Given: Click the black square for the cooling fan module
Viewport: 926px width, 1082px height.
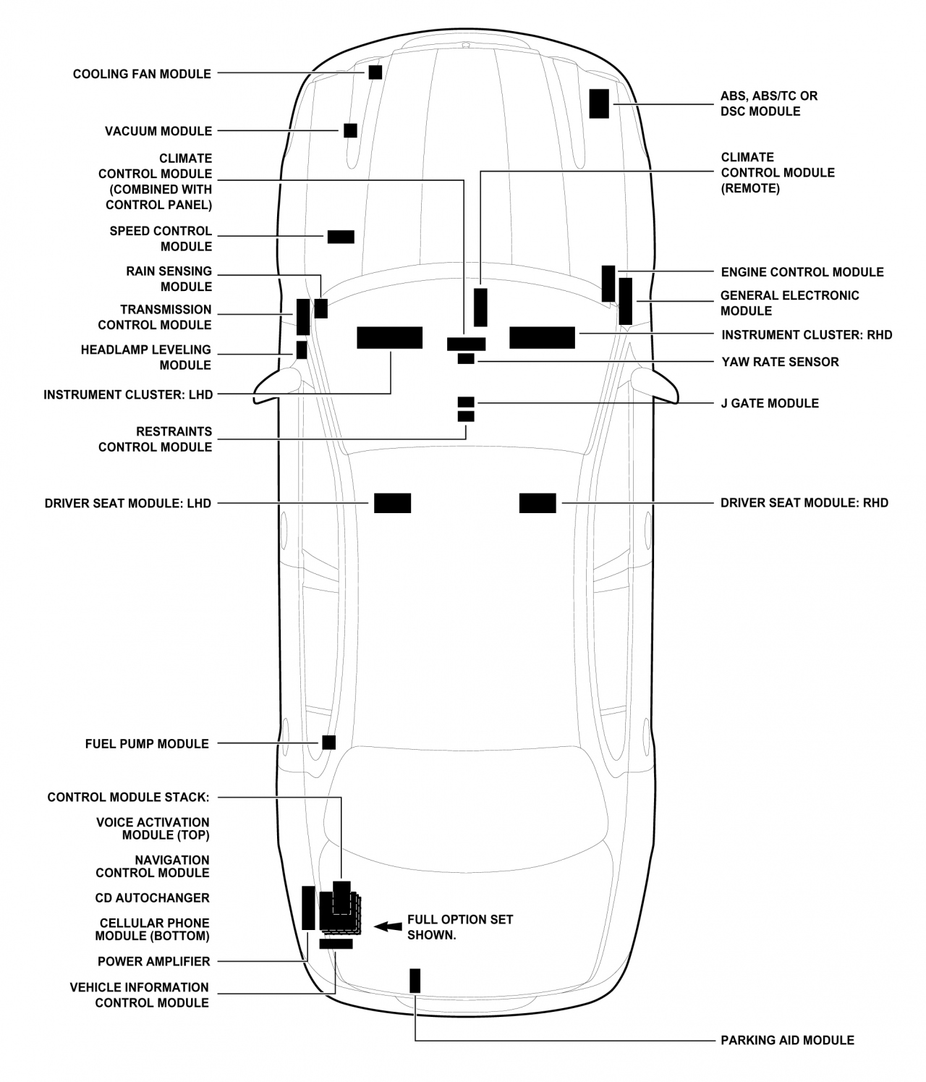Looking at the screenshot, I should point(375,72).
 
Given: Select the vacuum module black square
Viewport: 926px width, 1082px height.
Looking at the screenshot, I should point(350,131).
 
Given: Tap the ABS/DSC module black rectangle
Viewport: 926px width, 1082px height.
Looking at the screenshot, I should point(599,103).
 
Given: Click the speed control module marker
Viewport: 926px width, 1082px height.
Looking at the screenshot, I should point(341,237).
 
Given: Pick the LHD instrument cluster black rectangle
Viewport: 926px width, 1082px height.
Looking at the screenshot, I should point(389,338).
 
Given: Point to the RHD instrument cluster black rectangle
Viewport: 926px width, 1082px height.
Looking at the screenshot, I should point(542,338).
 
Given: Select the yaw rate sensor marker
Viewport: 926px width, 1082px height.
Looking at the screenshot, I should point(466,359).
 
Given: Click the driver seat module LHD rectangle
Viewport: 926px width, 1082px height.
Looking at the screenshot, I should point(392,503).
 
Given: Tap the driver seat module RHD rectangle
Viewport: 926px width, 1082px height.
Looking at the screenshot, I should point(538,503).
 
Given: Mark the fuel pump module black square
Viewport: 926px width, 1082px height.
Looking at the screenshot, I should point(329,743).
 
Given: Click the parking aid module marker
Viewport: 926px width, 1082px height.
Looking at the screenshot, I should point(415,980).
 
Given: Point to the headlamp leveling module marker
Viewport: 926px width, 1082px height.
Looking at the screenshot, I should point(302,350).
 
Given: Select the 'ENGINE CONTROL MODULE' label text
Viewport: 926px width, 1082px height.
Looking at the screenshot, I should point(802,272).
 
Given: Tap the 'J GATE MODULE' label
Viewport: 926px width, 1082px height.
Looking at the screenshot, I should point(770,403).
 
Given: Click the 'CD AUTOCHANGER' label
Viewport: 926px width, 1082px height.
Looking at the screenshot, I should point(152,898).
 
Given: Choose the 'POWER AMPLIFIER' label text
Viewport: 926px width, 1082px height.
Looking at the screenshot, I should point(154,962).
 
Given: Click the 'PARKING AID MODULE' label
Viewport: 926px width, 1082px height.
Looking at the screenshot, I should point(787,1041).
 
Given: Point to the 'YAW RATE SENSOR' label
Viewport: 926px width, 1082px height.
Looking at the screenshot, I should point(780,362).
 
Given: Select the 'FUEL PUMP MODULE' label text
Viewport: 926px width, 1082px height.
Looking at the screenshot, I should point(147,744).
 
